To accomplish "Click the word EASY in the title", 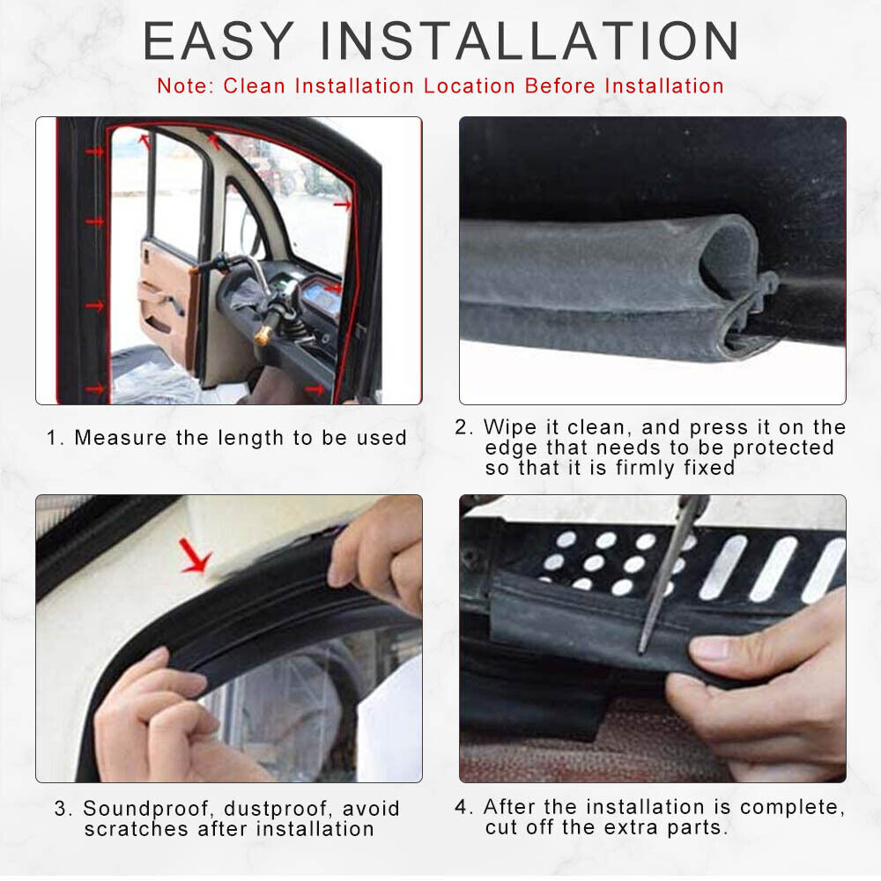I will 218,41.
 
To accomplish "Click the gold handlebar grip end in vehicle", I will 263,336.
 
